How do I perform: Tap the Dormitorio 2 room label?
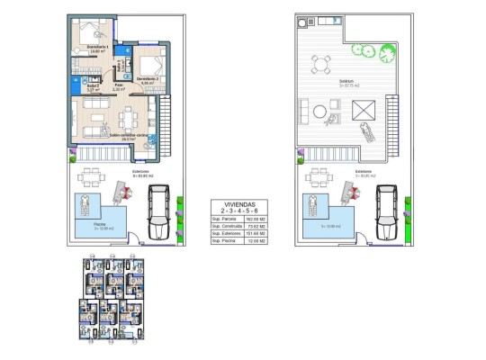coord(148,80)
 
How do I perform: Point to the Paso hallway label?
coord(118,87)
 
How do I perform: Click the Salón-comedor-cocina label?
coord(128,136)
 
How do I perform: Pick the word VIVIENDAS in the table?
coord(241,203)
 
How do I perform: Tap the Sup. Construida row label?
coord(225,226)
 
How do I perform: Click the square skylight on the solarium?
coord(364,111)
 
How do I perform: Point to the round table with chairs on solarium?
coord(320,65)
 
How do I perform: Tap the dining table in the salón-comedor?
coord(128,116)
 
